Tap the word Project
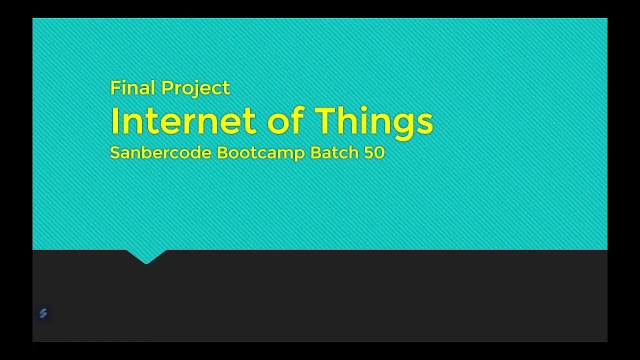195,88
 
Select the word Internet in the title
183,121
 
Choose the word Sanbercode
160,152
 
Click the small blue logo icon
43,313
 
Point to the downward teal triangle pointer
146,256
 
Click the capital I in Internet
114,121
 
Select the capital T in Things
325,121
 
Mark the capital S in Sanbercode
114,152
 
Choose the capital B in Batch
315,152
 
